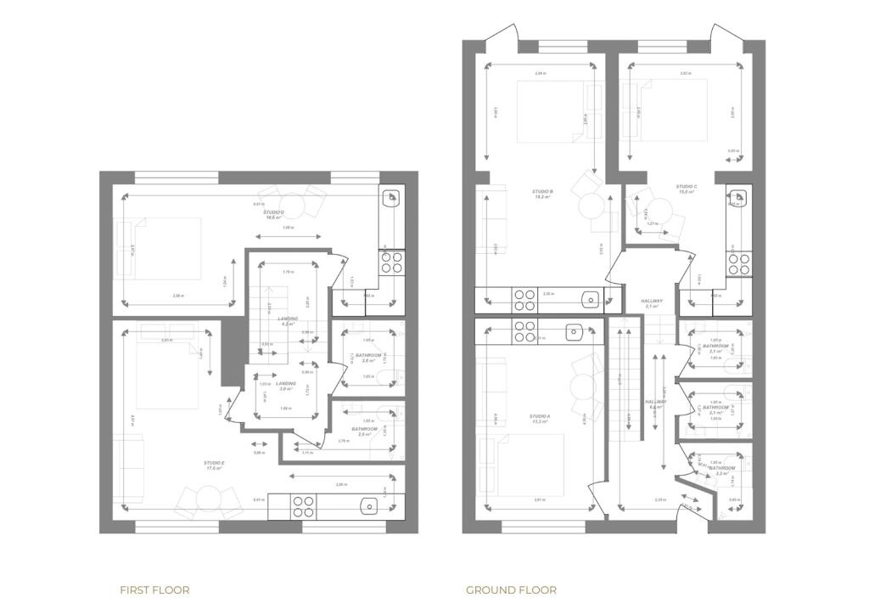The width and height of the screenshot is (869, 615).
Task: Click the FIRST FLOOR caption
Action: point(154,590)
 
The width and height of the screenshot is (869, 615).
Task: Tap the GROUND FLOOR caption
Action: point(511,590)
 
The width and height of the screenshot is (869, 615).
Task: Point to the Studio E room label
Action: point(213,465)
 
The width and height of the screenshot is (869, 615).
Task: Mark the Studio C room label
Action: point(687,189)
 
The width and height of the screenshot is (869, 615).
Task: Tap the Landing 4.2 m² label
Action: point(289,321)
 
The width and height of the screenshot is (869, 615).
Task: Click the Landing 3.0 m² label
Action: point(287,386)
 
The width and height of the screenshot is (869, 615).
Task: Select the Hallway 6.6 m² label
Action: point(655,404)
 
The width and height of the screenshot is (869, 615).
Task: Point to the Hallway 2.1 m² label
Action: point(652,303)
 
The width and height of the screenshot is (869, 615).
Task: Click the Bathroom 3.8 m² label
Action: point(367,358)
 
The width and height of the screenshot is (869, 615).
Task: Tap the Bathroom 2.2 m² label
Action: point(722,470)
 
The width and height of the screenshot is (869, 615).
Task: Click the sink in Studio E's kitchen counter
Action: point(368,506)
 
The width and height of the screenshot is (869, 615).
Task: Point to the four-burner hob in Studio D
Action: point(392,262)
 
